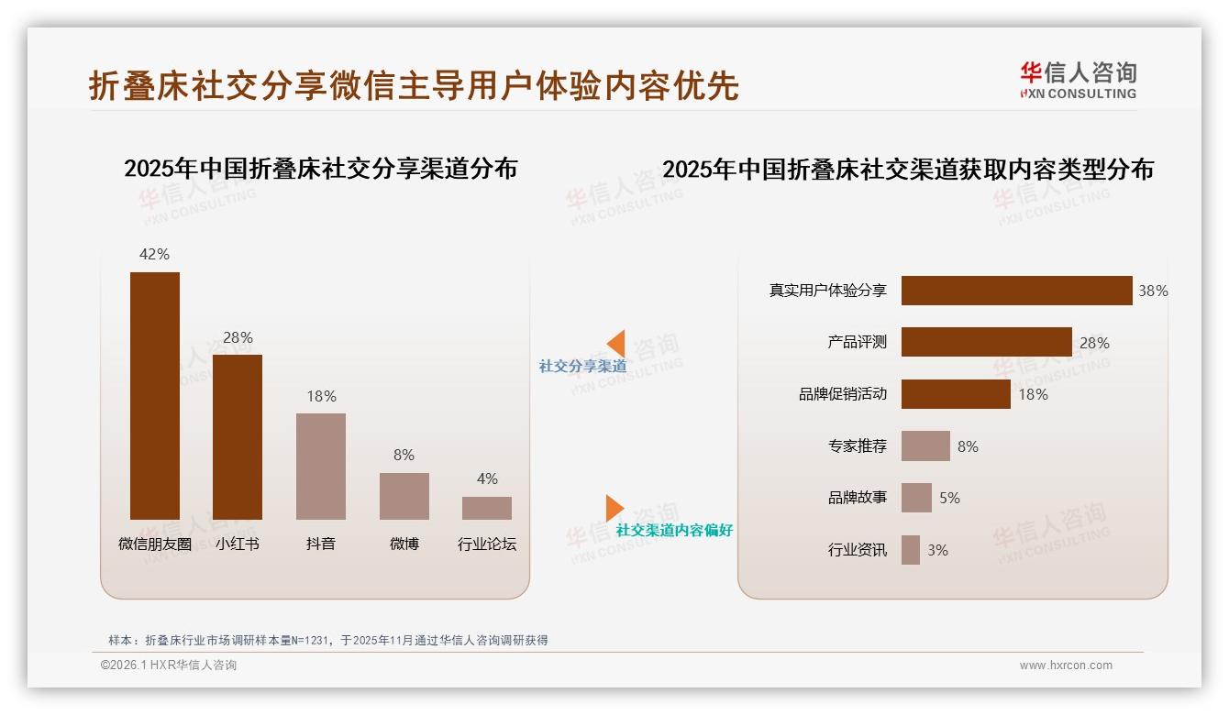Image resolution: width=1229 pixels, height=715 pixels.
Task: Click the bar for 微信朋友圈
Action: (x=155, y=396)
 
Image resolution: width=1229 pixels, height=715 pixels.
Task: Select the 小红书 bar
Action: (x=238, y=437)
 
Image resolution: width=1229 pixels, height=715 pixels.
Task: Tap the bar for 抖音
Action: (x=321, y=467)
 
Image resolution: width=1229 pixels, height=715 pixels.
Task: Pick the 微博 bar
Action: (x=404, y=496)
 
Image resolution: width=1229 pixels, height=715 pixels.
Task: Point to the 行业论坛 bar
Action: (x=487, y=508)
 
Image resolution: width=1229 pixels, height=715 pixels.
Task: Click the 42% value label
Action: (x=154, y=254)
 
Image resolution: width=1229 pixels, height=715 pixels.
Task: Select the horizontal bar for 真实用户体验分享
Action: (x=1016, y=291)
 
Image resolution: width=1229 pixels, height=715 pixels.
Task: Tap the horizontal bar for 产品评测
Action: (x=986, y=342)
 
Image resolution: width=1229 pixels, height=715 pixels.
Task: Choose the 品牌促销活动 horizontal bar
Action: (x=956, y=394)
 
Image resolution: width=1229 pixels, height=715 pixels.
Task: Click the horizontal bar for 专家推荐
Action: (x=925, y=446)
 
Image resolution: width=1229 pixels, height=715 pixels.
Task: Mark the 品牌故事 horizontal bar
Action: (x=916, y=498)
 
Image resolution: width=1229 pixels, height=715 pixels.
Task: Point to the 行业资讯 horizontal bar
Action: (x=911, y=550)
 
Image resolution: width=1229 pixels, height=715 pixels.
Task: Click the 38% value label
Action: (x=1153, y=291)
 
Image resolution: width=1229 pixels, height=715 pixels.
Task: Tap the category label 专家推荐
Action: (x=858, y=446)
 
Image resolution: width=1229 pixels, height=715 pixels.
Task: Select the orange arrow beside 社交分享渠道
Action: (x=615, y=344)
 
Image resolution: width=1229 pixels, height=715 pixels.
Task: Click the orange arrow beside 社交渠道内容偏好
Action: (x=614, y=508)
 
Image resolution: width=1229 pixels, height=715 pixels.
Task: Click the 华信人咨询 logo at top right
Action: (x=1078, y=80)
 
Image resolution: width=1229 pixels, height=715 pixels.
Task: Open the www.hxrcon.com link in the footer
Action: (x=1066, y=665)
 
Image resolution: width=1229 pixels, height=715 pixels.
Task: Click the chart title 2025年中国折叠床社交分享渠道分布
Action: (x=321, y=169)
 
